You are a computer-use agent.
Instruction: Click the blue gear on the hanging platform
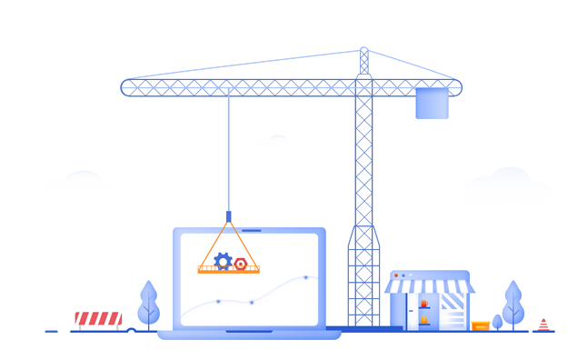click(223, 262)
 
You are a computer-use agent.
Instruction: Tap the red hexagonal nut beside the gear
click(241, 264)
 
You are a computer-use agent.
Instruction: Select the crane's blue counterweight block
click(432, 103)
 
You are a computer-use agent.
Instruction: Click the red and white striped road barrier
click(98, 318)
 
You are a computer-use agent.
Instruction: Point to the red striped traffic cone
click(543, 325)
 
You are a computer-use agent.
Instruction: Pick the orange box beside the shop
click(481, 325)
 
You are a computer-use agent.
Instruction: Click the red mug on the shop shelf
click(424, 304)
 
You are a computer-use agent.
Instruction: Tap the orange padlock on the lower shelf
click(424, 320)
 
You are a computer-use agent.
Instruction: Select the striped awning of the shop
click(429, 286)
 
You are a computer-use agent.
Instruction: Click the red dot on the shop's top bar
click(396, 275)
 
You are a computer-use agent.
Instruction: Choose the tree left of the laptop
click(148, 305)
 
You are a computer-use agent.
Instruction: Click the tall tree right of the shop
click(513, 305)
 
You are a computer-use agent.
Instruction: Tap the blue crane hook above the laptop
click(228, 216)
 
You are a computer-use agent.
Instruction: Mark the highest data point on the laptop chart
click(305, 276)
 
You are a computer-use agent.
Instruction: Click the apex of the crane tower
click(364, 51)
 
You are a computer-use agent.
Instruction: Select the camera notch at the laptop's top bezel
click(251, 231)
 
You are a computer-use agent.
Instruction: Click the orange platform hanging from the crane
click(228, 270)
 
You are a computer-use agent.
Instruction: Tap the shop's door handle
click(411, 311)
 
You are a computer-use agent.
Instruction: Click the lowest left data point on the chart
click(218, 301)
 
